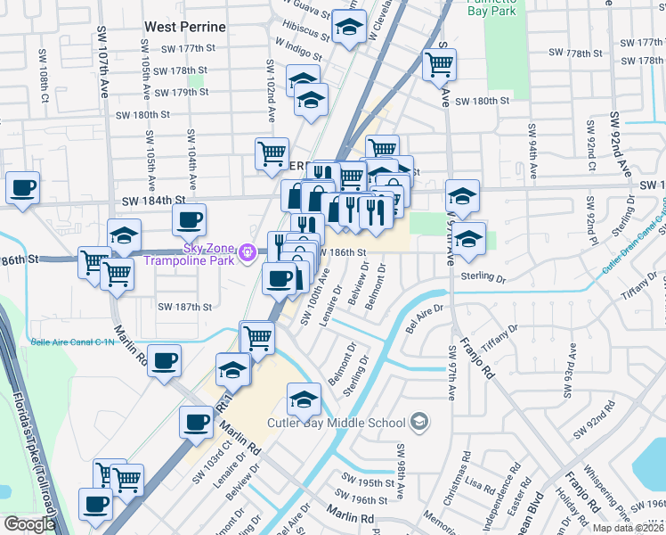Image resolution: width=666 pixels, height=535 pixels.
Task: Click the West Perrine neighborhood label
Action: pos(185,28)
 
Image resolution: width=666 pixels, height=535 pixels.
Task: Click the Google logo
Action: pos(29,524)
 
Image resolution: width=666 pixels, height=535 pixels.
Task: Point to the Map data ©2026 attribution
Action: pos(628,528)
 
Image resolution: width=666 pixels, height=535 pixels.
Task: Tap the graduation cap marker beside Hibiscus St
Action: pos(350,26)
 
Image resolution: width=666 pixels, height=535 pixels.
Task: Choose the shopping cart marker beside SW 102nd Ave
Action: pos(272,152)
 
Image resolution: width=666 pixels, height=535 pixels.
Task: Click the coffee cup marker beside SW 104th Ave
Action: pos(189,218)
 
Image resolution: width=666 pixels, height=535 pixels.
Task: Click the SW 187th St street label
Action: pos(184,307)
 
